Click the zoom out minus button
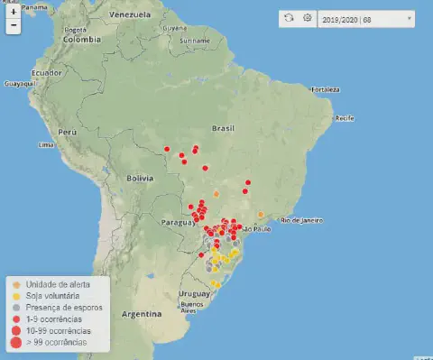click(13, 25)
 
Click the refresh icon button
click(289, 18)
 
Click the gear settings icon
click(307, 18)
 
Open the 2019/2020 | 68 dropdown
click(366, 18)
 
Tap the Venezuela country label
click(129, 16)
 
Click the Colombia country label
click(81, 39)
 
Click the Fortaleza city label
click(325, 89)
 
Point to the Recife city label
click(344, 118)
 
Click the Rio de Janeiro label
click(302, 220)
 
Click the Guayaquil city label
click(20, 83)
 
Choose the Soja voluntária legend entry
click(52, 295)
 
